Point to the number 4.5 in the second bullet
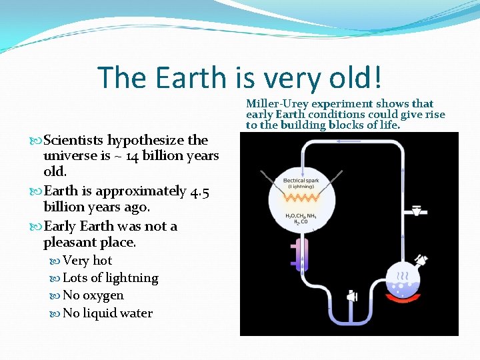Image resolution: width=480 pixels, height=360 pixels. [x=199, y=191]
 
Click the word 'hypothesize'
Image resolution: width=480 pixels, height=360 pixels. [x=146, y=141]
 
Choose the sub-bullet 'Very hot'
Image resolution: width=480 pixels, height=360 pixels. [x=87, y=261]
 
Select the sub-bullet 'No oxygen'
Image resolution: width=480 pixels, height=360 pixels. [x=93, y=295]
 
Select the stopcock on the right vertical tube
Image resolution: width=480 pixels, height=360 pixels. [x=417, y=211]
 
